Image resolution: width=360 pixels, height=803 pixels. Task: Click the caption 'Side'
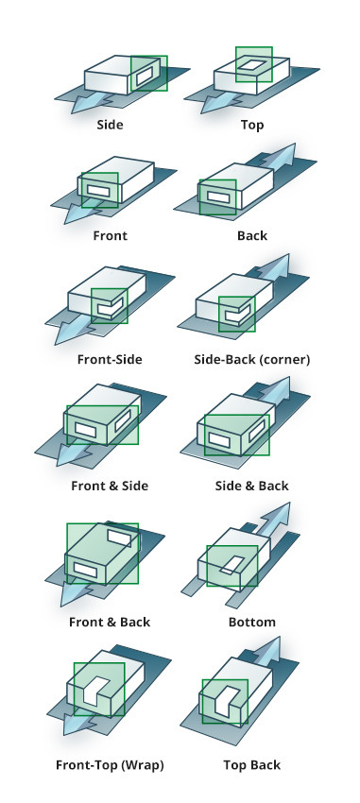(111, 125)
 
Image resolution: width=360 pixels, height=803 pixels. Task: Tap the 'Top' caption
(252, 125)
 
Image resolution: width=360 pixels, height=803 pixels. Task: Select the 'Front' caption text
(111, 235)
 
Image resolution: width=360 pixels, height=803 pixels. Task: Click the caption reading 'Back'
(252, 235)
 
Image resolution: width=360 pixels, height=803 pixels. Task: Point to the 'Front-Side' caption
(110, 360)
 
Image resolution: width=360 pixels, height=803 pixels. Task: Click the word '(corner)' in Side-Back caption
(284, 360)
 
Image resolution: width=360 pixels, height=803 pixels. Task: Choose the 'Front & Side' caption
(110, 486)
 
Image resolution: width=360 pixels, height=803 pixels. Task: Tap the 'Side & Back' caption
(252, 486)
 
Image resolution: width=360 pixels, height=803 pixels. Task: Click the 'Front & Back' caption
(110, 623)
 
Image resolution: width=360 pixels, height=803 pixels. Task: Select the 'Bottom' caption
(252, 623)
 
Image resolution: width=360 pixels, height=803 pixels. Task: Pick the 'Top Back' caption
(252, 765)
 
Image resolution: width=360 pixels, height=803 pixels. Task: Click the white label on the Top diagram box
(254, 65)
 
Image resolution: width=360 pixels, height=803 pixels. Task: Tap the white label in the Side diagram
(144, 75)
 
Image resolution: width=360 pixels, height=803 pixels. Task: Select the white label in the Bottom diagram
(231, 563)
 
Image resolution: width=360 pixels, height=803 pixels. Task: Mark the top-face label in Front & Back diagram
(119, 537)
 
